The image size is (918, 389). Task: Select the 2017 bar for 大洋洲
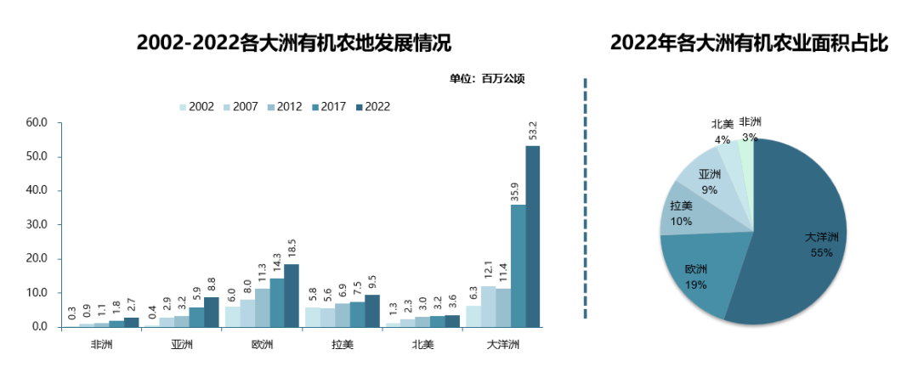coord(518,265)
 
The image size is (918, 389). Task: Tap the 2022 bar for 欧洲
coord(292,295)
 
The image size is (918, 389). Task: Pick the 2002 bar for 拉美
coord(312,317)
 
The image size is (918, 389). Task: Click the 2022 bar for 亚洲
coord(211,312)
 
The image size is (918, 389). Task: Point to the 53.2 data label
coord(533,132)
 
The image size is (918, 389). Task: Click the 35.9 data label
coord(518,190)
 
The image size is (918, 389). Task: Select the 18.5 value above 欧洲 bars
coord(292,250)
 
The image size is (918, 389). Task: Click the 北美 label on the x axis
coord(423,345)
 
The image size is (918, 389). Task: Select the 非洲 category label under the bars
coord(102,345)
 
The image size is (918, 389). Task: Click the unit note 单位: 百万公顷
coord(487,79)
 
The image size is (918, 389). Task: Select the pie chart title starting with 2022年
coord(749,43)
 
